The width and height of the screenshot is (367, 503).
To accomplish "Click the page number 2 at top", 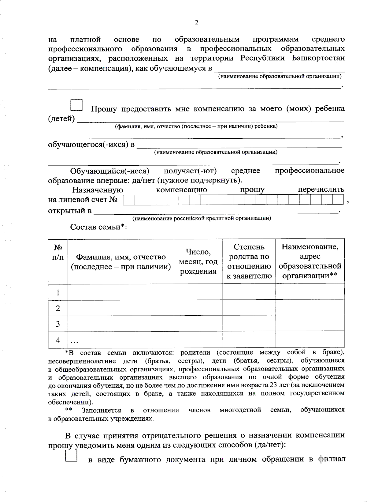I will pyautogui.click(x=196, y=22).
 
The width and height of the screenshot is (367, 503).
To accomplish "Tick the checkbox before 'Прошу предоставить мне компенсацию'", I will pyautogui.click(x=76, y=105).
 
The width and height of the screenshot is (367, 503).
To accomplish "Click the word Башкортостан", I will pyautogui.click(x=318, y=58).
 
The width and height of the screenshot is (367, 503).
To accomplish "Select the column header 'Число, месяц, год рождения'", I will pyautogui.click(x=198, y=261).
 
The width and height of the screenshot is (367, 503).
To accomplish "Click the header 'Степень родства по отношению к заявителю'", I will pyautogui.click(x=249, y=261).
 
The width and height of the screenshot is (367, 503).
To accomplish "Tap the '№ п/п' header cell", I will pyautogui.click(x=58, y=252).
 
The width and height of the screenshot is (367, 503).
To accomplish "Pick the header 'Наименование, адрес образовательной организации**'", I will pyautogui.click(x=310, y=261).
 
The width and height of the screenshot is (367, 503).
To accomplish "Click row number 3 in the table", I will pyautogui.click(x=58, y=324).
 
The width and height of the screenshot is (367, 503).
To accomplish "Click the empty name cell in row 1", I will pyautogui.click(x=120, y=292).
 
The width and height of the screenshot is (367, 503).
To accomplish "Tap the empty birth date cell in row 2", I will pyautogui.click(x=198, y=308).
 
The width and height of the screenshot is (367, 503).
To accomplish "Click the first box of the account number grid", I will pyautogui.click(x=129, y=200).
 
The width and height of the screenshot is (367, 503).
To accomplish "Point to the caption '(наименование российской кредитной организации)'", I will pyautogui.click(x=202, y=218).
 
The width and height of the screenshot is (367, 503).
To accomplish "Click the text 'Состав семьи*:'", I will pyautogui.click(x=98, y=227).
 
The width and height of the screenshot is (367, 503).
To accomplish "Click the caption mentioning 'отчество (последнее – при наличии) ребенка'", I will pyautogui.click(x=196, y=126).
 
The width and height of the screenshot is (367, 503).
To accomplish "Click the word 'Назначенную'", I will pyautogui.click(x=98, y=190).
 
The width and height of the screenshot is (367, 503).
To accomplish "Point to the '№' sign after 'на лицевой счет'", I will pyautogui.click(x=113, y=200).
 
